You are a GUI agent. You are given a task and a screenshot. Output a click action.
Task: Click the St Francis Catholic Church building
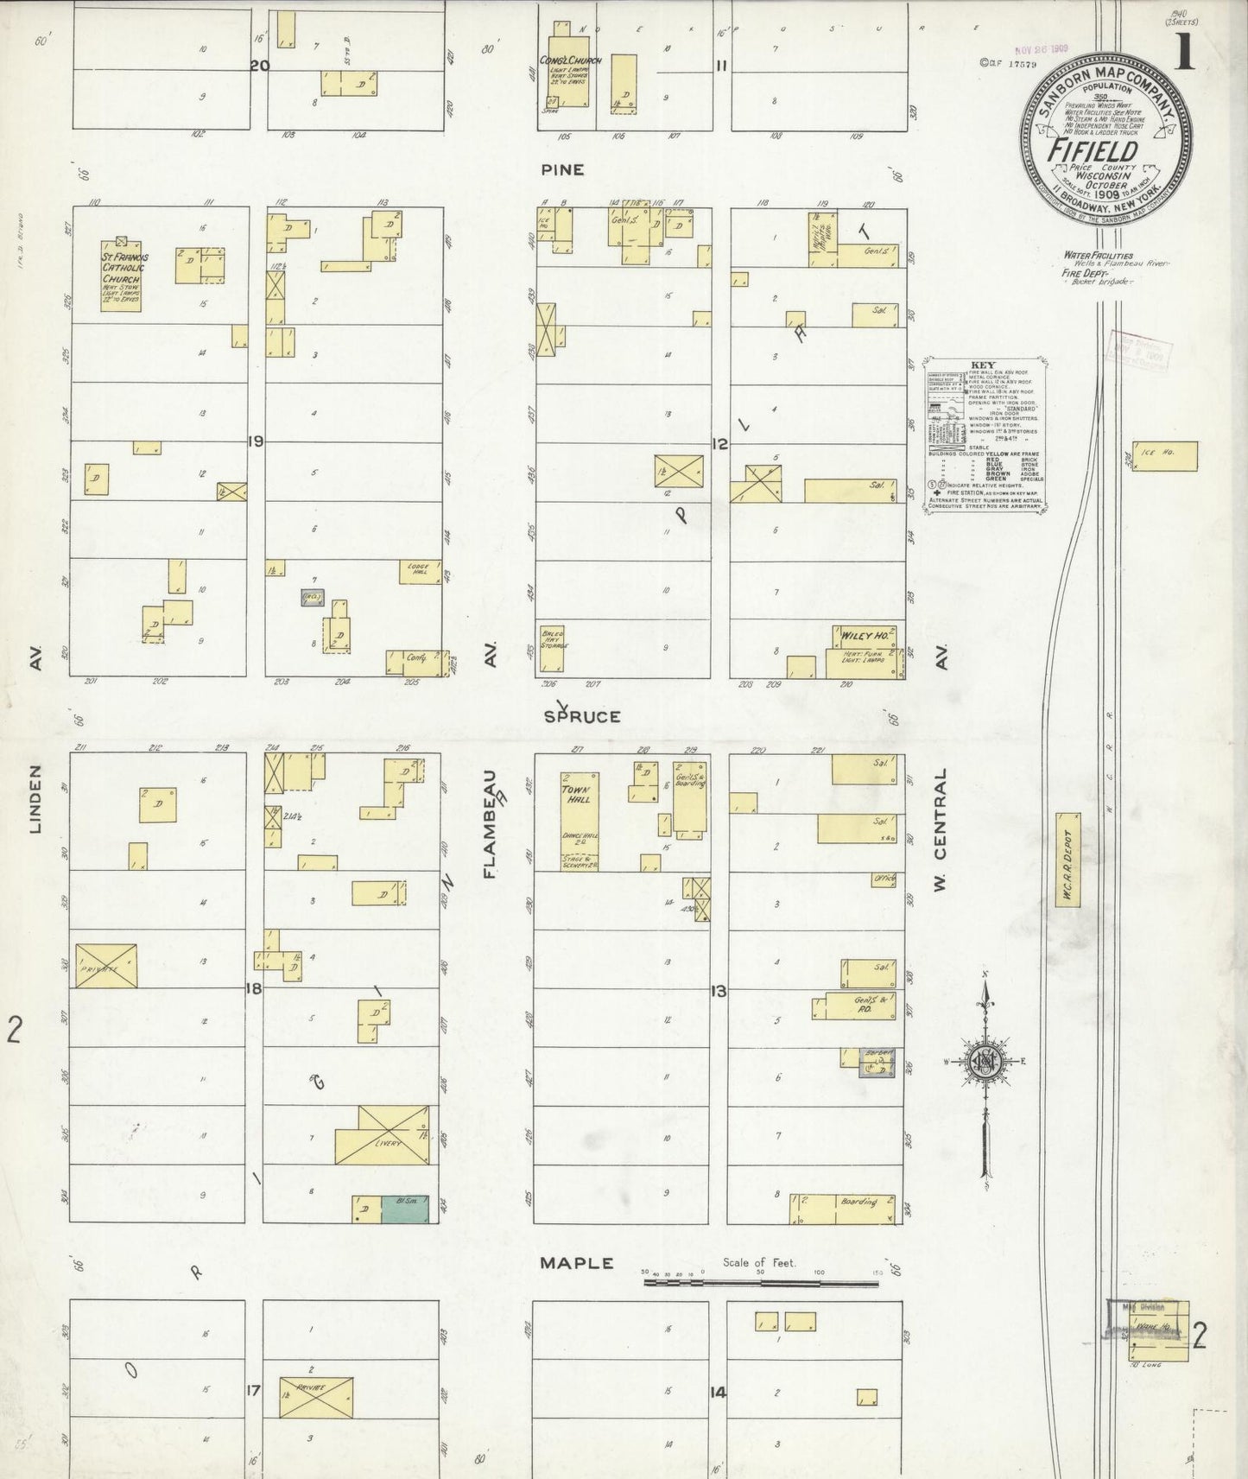(120, 276)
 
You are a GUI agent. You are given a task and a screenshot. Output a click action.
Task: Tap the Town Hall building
(580, 821)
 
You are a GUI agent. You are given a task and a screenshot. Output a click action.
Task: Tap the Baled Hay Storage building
(552, 648)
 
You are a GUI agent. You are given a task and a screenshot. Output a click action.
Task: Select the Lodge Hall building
(420, 572)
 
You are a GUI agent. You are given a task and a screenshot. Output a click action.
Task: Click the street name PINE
(562, 169)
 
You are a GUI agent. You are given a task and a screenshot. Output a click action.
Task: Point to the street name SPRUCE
(582, 716)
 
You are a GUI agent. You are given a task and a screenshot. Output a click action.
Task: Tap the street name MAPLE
(576, 1263)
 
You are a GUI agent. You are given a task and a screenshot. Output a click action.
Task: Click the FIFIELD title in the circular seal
(1093, 150)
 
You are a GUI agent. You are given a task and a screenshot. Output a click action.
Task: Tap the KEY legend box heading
(983, 365)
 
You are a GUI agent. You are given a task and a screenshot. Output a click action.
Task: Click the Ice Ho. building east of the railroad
(1164, 456)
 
